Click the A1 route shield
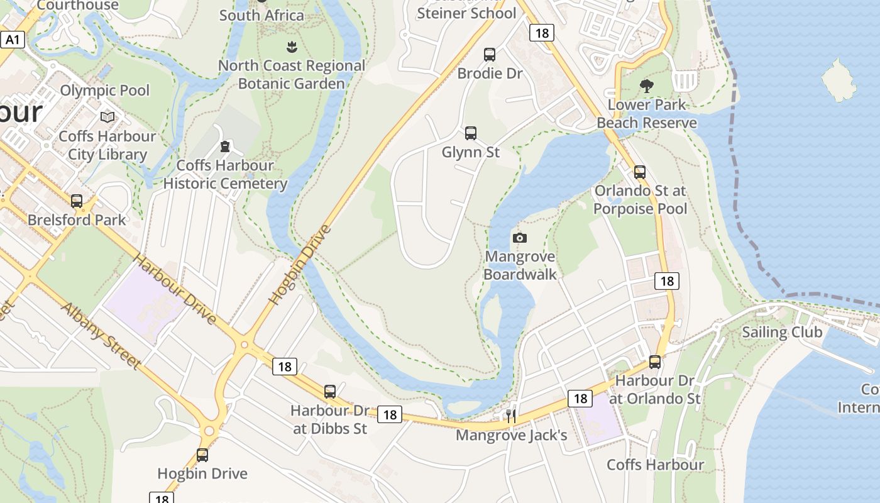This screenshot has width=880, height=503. click(x=13, y=40)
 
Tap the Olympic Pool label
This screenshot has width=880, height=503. click(x=105, y=90)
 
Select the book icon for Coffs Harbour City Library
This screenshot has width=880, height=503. click(x=107, y=117)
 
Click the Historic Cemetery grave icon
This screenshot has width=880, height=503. click(x=224, y=147)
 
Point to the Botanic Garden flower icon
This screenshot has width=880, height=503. click(x=291, y=47)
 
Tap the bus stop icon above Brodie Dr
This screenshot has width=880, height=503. click(x=490, y=55)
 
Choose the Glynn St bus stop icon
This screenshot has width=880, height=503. click(x=471, y=133)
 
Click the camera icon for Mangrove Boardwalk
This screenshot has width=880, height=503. click(x=519, y=238)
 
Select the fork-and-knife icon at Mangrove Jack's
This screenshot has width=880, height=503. click(x=511, y=416)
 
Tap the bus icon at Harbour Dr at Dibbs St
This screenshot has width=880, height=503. click(x=330, y=392)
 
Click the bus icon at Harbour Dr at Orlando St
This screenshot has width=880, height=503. click(x=655, y=362)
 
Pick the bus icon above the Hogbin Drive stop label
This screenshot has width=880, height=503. click(x=202, y=455)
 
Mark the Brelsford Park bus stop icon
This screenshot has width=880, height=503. click(x=77, y=201)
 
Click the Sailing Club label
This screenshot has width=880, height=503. click(x=782, y=332)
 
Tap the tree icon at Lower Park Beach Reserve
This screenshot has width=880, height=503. click(x=646, y=86)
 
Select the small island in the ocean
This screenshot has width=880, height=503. click(x=839, y=80)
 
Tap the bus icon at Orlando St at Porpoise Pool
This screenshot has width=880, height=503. click(x=640, y=172)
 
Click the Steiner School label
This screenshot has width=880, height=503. click(x=466, y=13)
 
